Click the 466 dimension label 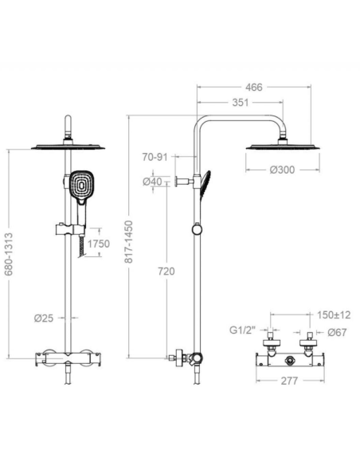[x=254, y=88]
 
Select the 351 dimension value [x=241, y=103]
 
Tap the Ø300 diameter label [x=282, y=170]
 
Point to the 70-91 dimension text [x=155, y=157]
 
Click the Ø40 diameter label [x=152, y=182]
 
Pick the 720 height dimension [x=166, y=271]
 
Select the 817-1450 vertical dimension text [x=129, y=242]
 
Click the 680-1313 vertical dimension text [x=9, y=254]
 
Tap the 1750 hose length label [x=99, y=244]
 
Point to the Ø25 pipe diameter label [x=44, y=318]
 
